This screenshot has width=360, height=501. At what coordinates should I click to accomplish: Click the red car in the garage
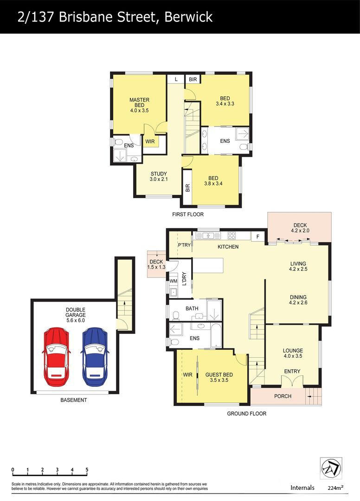pos(56,357)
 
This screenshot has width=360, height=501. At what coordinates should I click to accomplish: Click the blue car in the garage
pos(95,357)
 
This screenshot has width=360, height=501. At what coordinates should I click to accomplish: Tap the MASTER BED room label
pos(139,103)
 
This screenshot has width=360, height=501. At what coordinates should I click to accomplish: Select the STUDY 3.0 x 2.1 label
pos(159,177)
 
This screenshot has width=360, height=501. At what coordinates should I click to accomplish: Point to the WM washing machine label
pos(174,281)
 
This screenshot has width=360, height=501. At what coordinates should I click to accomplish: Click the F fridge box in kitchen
pos(258,237)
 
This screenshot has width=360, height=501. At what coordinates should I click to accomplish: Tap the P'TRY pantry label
pos(184,245)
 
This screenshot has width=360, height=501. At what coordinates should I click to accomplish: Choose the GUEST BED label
pos(219,375)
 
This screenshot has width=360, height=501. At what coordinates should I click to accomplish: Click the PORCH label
pos(283,396)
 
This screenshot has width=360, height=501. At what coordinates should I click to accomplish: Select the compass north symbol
pos(331,468)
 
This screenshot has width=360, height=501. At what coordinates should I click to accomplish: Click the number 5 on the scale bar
pos(87,470)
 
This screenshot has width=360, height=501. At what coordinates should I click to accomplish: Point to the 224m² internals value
pos(335,488)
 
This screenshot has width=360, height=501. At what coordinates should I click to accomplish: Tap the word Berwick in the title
pos(188,17)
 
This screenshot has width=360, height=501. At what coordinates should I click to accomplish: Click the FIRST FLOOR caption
pos(188,214)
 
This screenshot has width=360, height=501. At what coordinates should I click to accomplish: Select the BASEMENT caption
pos(74,400)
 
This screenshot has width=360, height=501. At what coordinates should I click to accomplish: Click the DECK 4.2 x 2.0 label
pos(300,228)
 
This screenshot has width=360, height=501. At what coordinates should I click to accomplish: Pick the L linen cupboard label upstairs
pos(176,79)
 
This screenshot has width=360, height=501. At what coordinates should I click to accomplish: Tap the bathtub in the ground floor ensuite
pos(216,336)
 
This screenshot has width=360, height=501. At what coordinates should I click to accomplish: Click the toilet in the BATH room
pos(176,316)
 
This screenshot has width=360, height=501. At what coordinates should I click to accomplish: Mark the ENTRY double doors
pos(292,381)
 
